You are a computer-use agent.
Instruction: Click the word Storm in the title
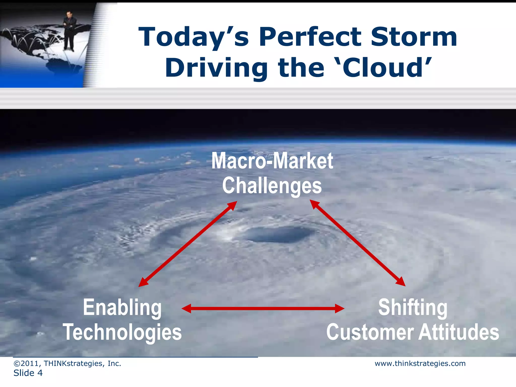[414, 37]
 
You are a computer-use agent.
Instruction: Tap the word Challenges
[272, 186]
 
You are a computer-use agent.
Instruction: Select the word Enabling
[122, 307]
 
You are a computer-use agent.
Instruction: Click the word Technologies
[122, 332]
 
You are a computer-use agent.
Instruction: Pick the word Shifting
[413, 307]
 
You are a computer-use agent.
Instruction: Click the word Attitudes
[459, 332]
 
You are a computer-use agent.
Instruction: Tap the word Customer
[370, 332]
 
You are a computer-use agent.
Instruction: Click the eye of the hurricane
[278, 234]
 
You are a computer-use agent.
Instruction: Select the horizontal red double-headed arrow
[263, 308]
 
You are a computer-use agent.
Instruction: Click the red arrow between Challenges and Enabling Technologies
[188, 244]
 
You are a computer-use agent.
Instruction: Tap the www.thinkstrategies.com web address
[420, 364]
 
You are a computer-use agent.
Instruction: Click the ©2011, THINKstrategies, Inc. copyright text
[67, 364]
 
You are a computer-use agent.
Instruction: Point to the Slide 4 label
[28, 373]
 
